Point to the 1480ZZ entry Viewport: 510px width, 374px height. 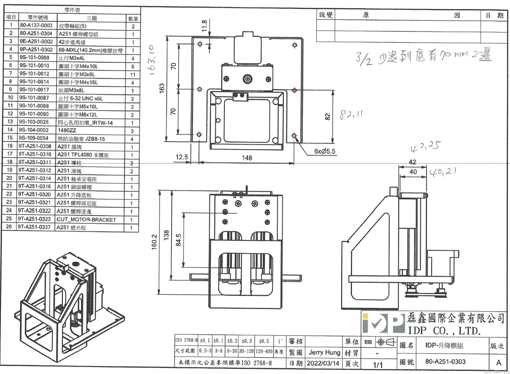point(67,130)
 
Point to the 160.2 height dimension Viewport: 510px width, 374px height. point(154,241)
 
